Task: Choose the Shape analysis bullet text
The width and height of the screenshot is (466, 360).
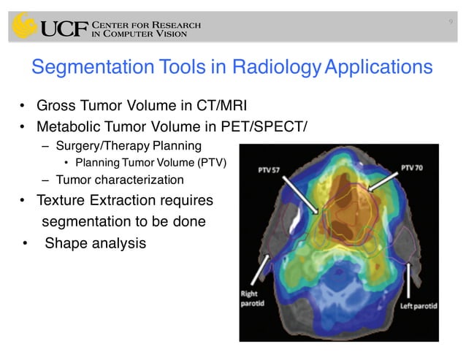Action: [x=95, y=243]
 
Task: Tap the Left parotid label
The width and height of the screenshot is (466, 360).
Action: [x=415, y=305]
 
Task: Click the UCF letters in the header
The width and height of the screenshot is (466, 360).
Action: [x=64, y=28]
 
